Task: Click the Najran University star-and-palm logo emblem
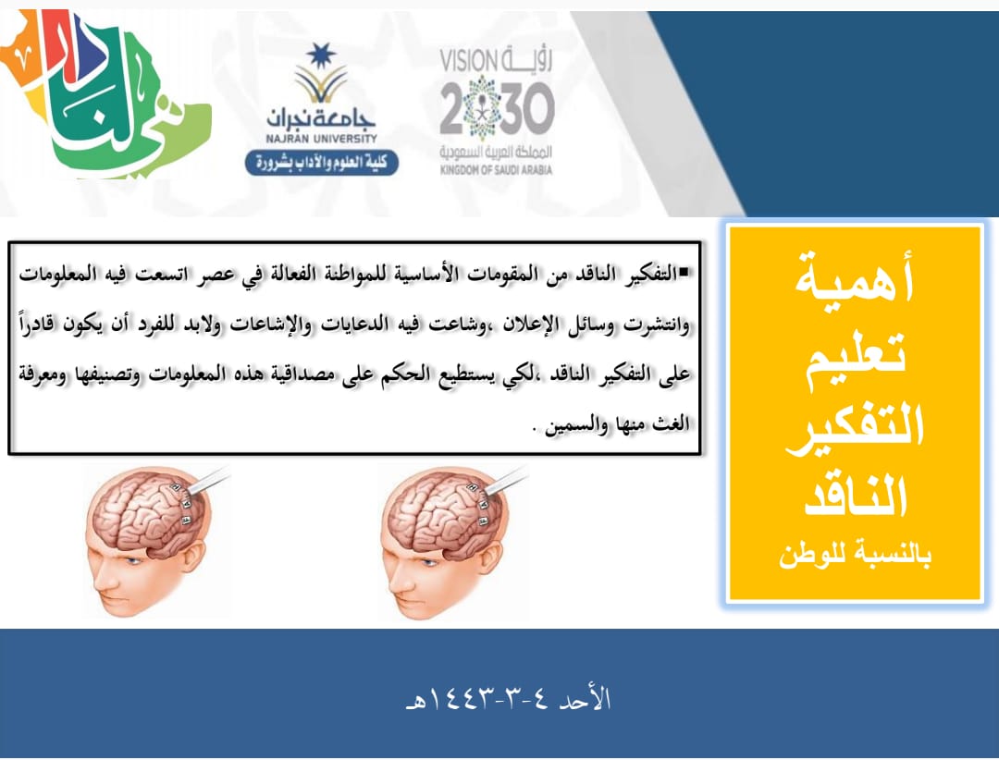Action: click(x=321, y=73)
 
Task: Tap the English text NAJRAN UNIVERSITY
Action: click(x=322, y=139)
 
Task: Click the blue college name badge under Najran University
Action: click(x=322, y=163)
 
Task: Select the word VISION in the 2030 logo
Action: click(x=468, y=62)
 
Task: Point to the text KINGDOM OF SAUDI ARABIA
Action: click(x=496, y=170)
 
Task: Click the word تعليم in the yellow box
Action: click(x=856, y=357)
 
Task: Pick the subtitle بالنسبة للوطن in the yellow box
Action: click(x=855, y=555)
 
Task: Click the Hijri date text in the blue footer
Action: click(x=509, y=698)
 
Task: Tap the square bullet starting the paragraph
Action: click(x=684, y=273)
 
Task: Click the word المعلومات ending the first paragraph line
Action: click(x=55, y=274)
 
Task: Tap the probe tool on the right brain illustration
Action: click(x=507, y=482)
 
